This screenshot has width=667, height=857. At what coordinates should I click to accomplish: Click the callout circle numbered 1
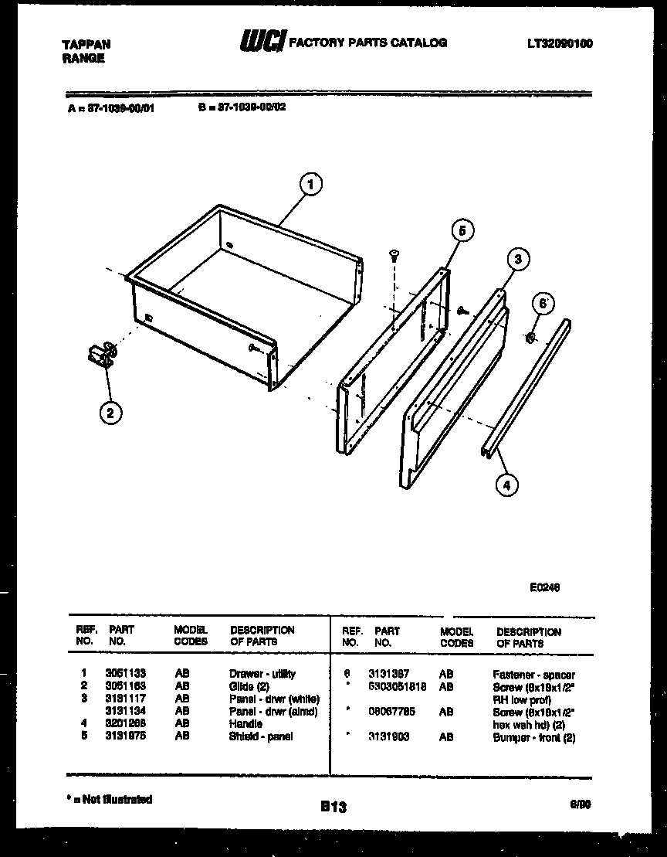(x=310, y=184)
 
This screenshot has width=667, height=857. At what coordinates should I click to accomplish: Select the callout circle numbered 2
(x=110, y=413)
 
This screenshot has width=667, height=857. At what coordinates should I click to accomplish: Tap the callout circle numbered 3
(x=518, y=260)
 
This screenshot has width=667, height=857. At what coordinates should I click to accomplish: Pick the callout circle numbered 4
(x=506, y=485)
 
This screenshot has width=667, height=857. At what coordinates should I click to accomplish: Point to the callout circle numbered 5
(x=462, y=230)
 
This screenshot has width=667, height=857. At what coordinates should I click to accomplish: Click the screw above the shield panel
(x=394, y=255)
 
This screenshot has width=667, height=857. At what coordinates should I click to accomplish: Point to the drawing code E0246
(x=544, y=587)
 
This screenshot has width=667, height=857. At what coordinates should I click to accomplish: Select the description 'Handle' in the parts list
(x=245, y=724)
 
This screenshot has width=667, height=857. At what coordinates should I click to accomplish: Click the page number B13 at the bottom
(x=333, y=808)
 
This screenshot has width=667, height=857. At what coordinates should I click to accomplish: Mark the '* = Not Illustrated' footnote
(x=109, y=799)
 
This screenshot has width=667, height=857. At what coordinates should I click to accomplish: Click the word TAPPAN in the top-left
(x=86, y=45)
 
